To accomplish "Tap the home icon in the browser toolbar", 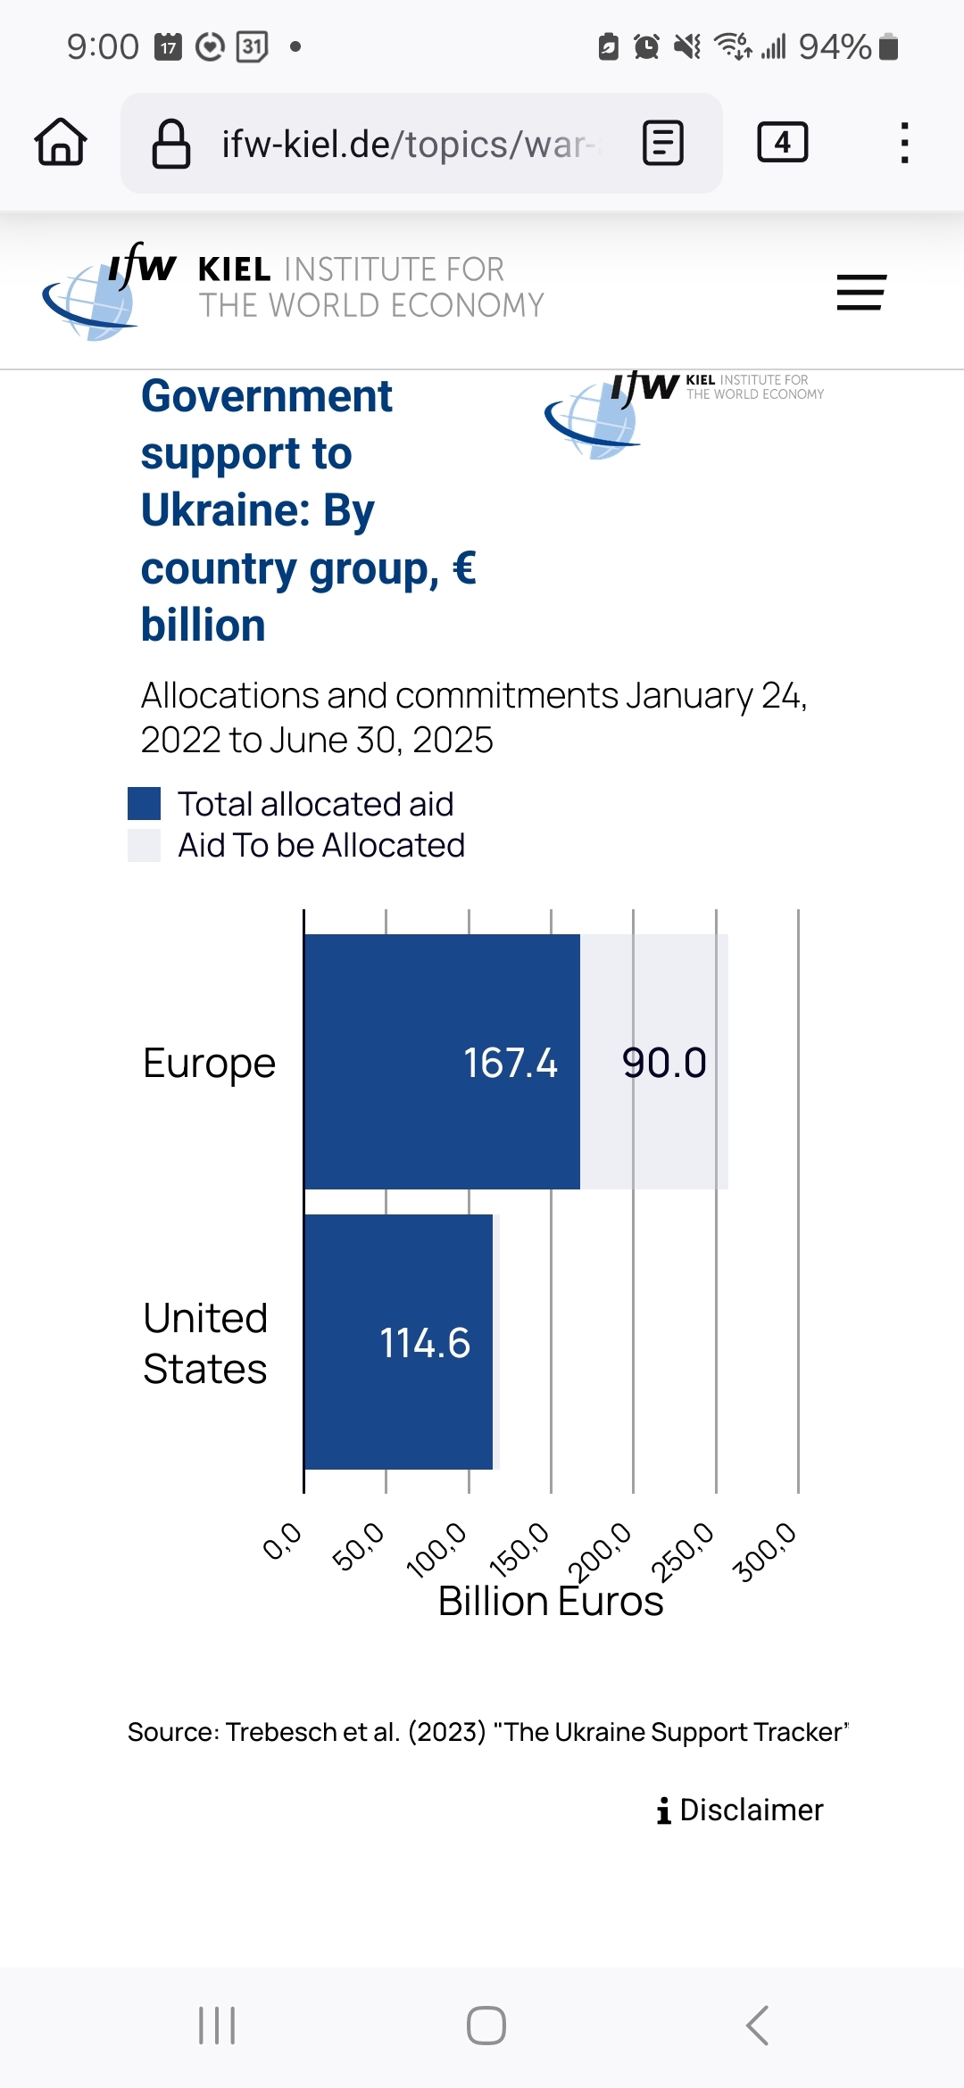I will [61, 143].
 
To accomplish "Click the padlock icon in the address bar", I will [171, 144].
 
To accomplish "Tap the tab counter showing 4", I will [782, 143].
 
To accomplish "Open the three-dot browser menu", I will [904, 143].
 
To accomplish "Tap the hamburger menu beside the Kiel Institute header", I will [860, 293].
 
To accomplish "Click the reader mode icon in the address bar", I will [663, 144].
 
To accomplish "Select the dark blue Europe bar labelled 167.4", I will [442, 1062].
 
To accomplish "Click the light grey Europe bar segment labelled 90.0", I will [654, 1062].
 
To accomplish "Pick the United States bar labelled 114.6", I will [399, 1342].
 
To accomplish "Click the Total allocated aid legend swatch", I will [145, 803].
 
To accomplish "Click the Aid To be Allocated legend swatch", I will [145, 845].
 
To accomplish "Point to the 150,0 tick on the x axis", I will [520, 1551].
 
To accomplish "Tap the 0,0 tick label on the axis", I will [283, 1542].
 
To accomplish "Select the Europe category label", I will [209, 1063].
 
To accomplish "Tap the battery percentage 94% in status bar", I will [835, 46].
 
